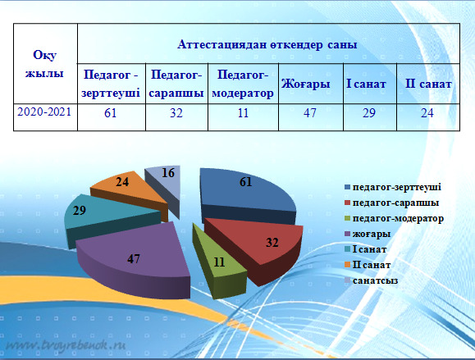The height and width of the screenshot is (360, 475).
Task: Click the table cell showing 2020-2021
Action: tap(45, 117)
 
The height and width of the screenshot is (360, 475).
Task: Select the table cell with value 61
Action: tap(112, 117)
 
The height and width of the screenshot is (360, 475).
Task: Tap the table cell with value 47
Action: tap(311, 117)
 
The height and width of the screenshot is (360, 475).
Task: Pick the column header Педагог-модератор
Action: tap(243, 84)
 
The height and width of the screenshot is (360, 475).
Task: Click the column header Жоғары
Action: tap(311, 84)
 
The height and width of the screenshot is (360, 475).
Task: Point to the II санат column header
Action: tap(428, 84)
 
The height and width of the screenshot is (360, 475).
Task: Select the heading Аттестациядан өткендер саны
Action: tap(267, 44)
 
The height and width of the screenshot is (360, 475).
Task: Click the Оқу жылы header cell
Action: tap(45, 64)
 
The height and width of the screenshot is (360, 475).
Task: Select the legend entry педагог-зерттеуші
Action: tap(393, 187)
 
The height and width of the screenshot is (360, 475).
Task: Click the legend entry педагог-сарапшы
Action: tap(391, 203)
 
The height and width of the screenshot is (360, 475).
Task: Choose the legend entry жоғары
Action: tap(368, 234)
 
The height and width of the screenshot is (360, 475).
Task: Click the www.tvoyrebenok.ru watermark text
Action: tap(66, 345)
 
